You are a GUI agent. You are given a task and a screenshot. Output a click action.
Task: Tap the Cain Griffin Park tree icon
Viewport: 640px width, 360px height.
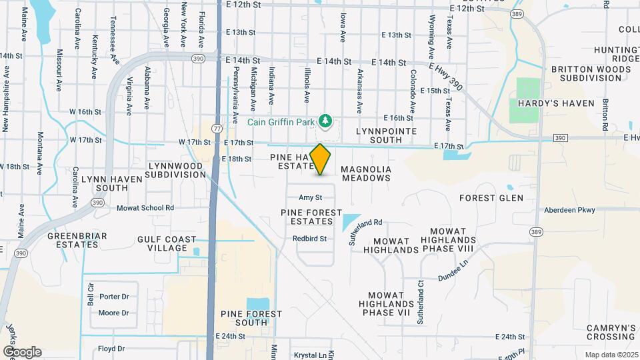point(326,121)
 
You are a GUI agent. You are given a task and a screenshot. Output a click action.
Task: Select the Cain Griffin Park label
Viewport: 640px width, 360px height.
point(283,121)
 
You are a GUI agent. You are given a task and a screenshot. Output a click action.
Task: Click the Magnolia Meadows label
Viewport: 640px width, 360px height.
point(366,174)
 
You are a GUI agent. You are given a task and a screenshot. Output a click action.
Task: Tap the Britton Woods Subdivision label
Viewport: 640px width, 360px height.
point(586,73)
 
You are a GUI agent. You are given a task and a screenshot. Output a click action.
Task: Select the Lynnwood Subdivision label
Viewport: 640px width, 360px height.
point(177,170)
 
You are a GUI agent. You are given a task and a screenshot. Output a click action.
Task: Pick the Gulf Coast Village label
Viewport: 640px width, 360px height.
point(167,243)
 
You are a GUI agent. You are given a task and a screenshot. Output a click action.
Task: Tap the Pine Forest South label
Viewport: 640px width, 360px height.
point(252,318)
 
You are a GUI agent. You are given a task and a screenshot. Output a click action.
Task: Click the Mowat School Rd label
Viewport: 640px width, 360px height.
point(145,208)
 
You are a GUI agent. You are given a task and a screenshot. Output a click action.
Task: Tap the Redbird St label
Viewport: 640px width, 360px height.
point(309,239)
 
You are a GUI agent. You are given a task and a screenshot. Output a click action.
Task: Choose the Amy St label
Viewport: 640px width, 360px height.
point(310,197)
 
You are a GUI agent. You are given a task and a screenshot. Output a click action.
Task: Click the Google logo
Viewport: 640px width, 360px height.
point(22,352)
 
